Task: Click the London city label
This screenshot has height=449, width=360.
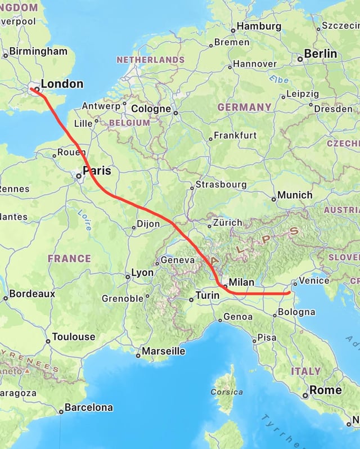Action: point(62,84)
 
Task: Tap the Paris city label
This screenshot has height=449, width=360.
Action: point(97,170)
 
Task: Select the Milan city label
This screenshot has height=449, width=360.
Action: point(242,282)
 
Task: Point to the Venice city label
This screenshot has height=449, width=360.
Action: point(314,280)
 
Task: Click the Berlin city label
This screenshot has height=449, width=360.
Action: point(321,54)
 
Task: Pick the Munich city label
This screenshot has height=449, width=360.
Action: point(295,195)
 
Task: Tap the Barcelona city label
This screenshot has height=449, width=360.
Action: point(88,407)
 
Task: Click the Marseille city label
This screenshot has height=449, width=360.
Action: point(163,351)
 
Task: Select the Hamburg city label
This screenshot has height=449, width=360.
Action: point(259,26)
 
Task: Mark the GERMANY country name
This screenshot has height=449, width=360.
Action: point(245,107)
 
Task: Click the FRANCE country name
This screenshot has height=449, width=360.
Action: point(69,259)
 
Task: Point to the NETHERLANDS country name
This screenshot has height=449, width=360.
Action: point(150,60)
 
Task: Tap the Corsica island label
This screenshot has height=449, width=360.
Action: point(227,392)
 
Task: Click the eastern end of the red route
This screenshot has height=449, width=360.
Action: point(288,293)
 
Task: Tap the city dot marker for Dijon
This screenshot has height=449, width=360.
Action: point(133,228)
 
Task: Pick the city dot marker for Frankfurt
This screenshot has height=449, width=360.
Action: point(210,138)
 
